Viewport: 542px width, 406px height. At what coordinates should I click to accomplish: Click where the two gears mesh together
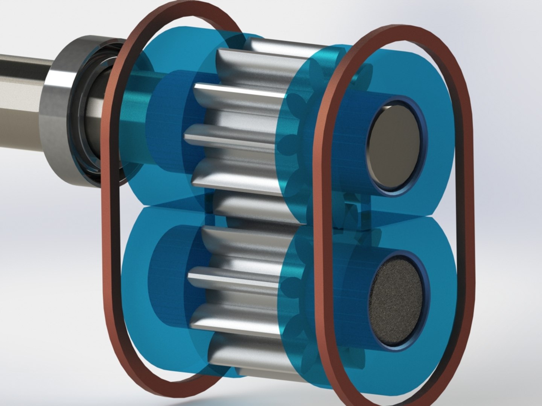[x=245, y=216]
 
